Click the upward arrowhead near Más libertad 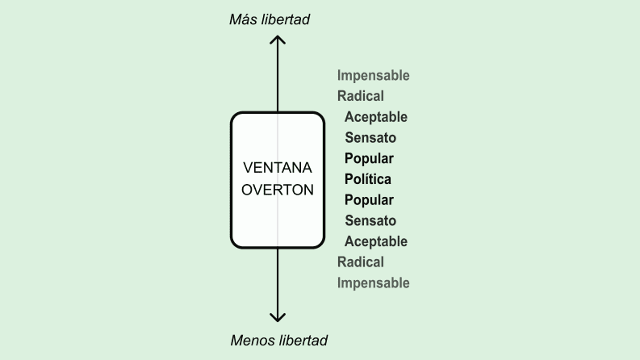tap(278, 40)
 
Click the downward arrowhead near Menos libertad tap(278, 316)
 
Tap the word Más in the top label tap(243, 19)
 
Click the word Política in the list tap(368, 178)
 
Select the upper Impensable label tap(373, 76)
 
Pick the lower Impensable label tap(373, 283)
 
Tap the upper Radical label tap(360, 97)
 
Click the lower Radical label tap(360, 262)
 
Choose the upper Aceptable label tap(375, 117)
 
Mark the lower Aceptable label tap(375, 241)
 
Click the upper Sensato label tap(370, 138)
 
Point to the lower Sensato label tap(370, 220)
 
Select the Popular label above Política tap(369, 158)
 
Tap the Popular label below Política tap(369, 199)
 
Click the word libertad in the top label tap(285, 19)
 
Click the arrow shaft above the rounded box tap(278, 81)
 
